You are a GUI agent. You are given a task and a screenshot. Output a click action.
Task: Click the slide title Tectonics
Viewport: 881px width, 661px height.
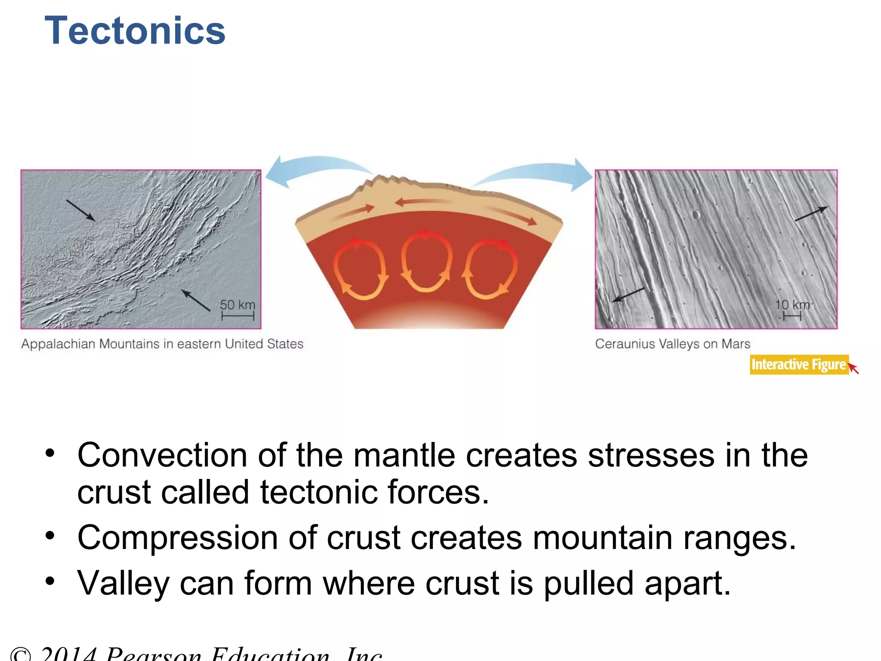(135, 31)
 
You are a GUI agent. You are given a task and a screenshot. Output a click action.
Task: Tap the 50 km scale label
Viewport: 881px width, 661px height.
(237, 305)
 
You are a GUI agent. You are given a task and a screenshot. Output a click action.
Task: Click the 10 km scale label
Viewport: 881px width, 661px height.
(792, 305)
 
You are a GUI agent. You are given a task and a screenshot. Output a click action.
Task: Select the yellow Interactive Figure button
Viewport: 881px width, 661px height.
(799, 364)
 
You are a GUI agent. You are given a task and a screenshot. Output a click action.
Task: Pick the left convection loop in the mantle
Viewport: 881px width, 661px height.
(360, 269)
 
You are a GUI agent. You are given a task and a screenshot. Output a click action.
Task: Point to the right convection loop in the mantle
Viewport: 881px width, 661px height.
(490, 269)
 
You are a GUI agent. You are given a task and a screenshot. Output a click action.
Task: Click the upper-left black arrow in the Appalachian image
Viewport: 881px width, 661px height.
(80, 210)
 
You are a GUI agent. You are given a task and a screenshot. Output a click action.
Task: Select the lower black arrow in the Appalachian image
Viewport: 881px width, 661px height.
(196, 300)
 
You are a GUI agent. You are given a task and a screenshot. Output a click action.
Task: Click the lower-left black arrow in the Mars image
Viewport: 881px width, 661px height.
(628, 295)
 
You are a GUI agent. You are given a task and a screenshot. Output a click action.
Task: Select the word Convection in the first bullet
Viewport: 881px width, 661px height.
(162, 455)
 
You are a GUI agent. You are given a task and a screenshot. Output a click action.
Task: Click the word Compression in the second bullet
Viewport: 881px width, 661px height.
(177, 538)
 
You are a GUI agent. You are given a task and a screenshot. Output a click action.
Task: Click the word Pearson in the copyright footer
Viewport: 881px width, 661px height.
(153, 654)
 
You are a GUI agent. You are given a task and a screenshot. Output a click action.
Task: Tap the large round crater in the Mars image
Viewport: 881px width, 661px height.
(696, 214)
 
